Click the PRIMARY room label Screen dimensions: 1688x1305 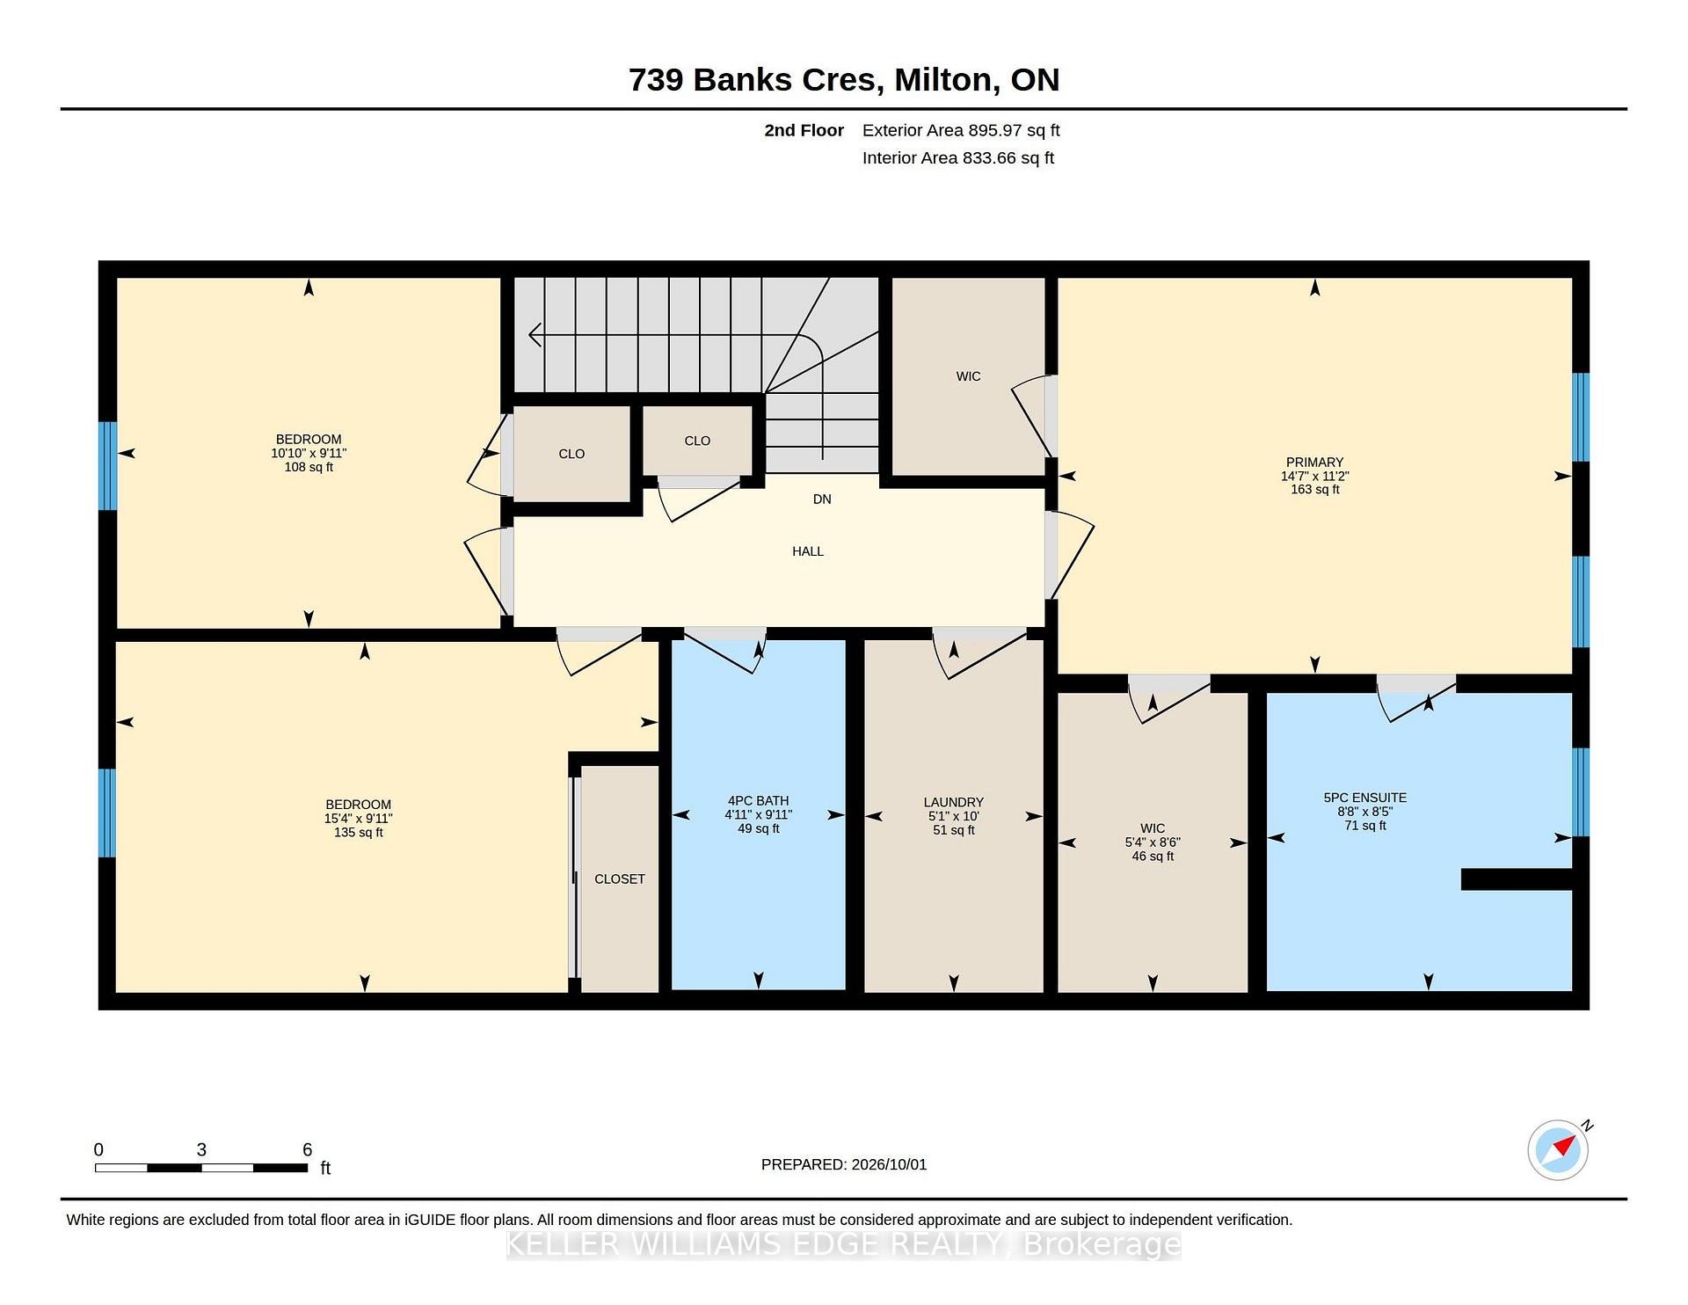coord(1314,463)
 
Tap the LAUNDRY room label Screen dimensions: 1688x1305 coord(953,802)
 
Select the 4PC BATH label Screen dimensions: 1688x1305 coord(758,801)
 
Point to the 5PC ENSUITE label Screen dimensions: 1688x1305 coord(1364,798)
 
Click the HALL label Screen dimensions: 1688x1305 coord(808,551)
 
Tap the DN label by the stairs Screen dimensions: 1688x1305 coord(822,499)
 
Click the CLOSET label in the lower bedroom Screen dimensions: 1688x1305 coord(620,879)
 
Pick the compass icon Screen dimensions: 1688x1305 coord(1558,1149)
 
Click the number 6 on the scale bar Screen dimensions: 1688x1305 coord(307,1149)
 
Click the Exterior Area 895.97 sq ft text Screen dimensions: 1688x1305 coord(961,130)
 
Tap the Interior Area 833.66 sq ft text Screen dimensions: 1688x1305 coord(958,158)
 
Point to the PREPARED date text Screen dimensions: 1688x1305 coord(844,1164)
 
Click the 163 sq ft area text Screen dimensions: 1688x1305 coord(1314,490)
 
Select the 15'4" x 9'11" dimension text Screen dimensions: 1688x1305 coord(358,819)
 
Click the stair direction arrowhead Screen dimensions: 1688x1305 coord(535,335)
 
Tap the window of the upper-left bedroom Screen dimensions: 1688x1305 coord(107,466)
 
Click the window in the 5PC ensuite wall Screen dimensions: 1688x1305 coord(1580,792)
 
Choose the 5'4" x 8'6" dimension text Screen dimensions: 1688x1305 coord(1153,842)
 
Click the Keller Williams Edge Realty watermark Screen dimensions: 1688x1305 coord(844,1244)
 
